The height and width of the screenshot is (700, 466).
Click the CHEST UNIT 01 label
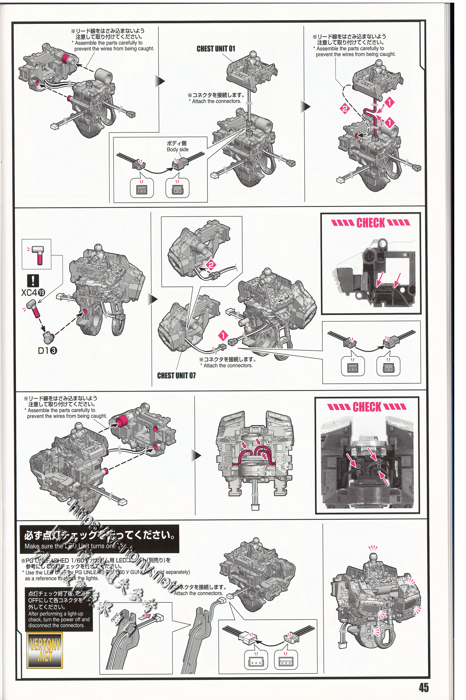click(216, 49)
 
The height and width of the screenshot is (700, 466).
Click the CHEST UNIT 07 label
click(176, 376)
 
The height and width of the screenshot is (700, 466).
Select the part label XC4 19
click(33, 293)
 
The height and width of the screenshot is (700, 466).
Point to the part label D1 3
click(47, 351)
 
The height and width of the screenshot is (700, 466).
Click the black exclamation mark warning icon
click(33, 280)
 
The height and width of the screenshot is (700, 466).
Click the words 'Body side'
click(177, 149)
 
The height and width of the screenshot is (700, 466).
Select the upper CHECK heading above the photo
click(370, 223)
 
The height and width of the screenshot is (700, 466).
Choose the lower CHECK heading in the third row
click(367, 407)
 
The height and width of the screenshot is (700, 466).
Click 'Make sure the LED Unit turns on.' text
click(69, 546)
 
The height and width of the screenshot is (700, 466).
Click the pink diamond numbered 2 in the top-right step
click(345, 108)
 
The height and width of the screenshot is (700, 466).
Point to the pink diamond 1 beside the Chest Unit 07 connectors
click(223, 335)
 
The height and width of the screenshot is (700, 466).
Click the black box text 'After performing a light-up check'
click(59, 619)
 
